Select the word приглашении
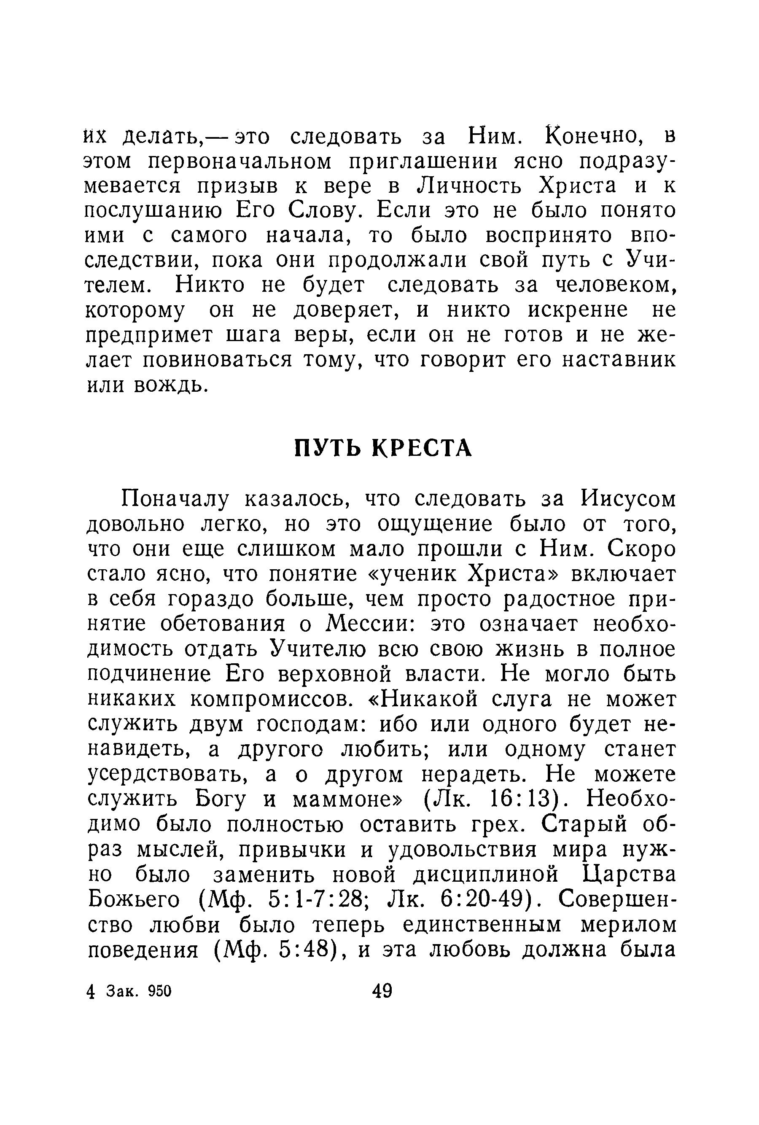pyautogui.click(x=423, y=161)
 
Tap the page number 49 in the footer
pyautogui.click(x=382, y=990)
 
